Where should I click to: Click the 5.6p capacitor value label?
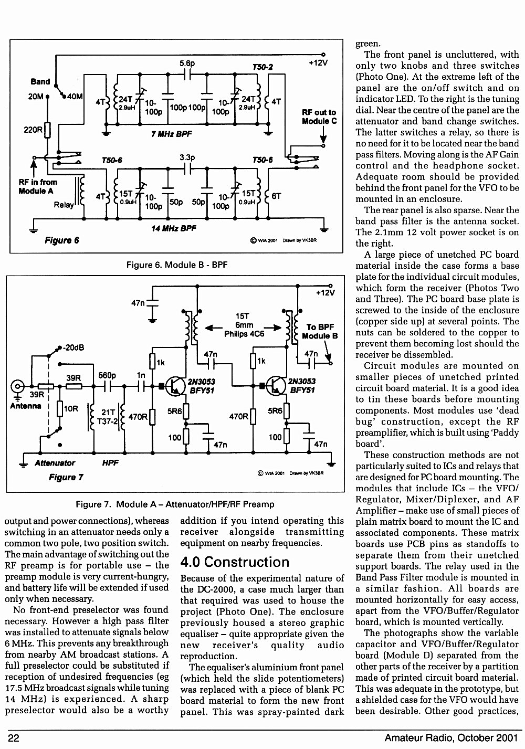tap(187, 63)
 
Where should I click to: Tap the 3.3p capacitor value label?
tap(187, 157)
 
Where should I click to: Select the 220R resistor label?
tap(33, 130)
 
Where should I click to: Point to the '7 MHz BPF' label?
tap(171, 134)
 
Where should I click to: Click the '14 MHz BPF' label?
tap(174, 228)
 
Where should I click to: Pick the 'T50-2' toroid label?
tap(262, 67)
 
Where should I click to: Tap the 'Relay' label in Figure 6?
tap(64, 205)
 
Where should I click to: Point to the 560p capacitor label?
tap(107, 375)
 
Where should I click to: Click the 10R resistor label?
tap(71, 408)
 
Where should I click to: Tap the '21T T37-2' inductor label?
tap(108, 417)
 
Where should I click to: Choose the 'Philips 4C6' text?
tap(244, 334)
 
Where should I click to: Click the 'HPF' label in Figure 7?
tap(110, 463)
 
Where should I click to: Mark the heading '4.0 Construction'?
tap(235, 562)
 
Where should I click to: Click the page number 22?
tap(13, 737)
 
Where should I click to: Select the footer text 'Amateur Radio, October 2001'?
tap(451, 737)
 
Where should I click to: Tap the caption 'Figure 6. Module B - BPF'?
tap(177, 265)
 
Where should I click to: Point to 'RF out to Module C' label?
tap(319, 117)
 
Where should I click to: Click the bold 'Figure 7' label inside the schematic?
tap(66, 477)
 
